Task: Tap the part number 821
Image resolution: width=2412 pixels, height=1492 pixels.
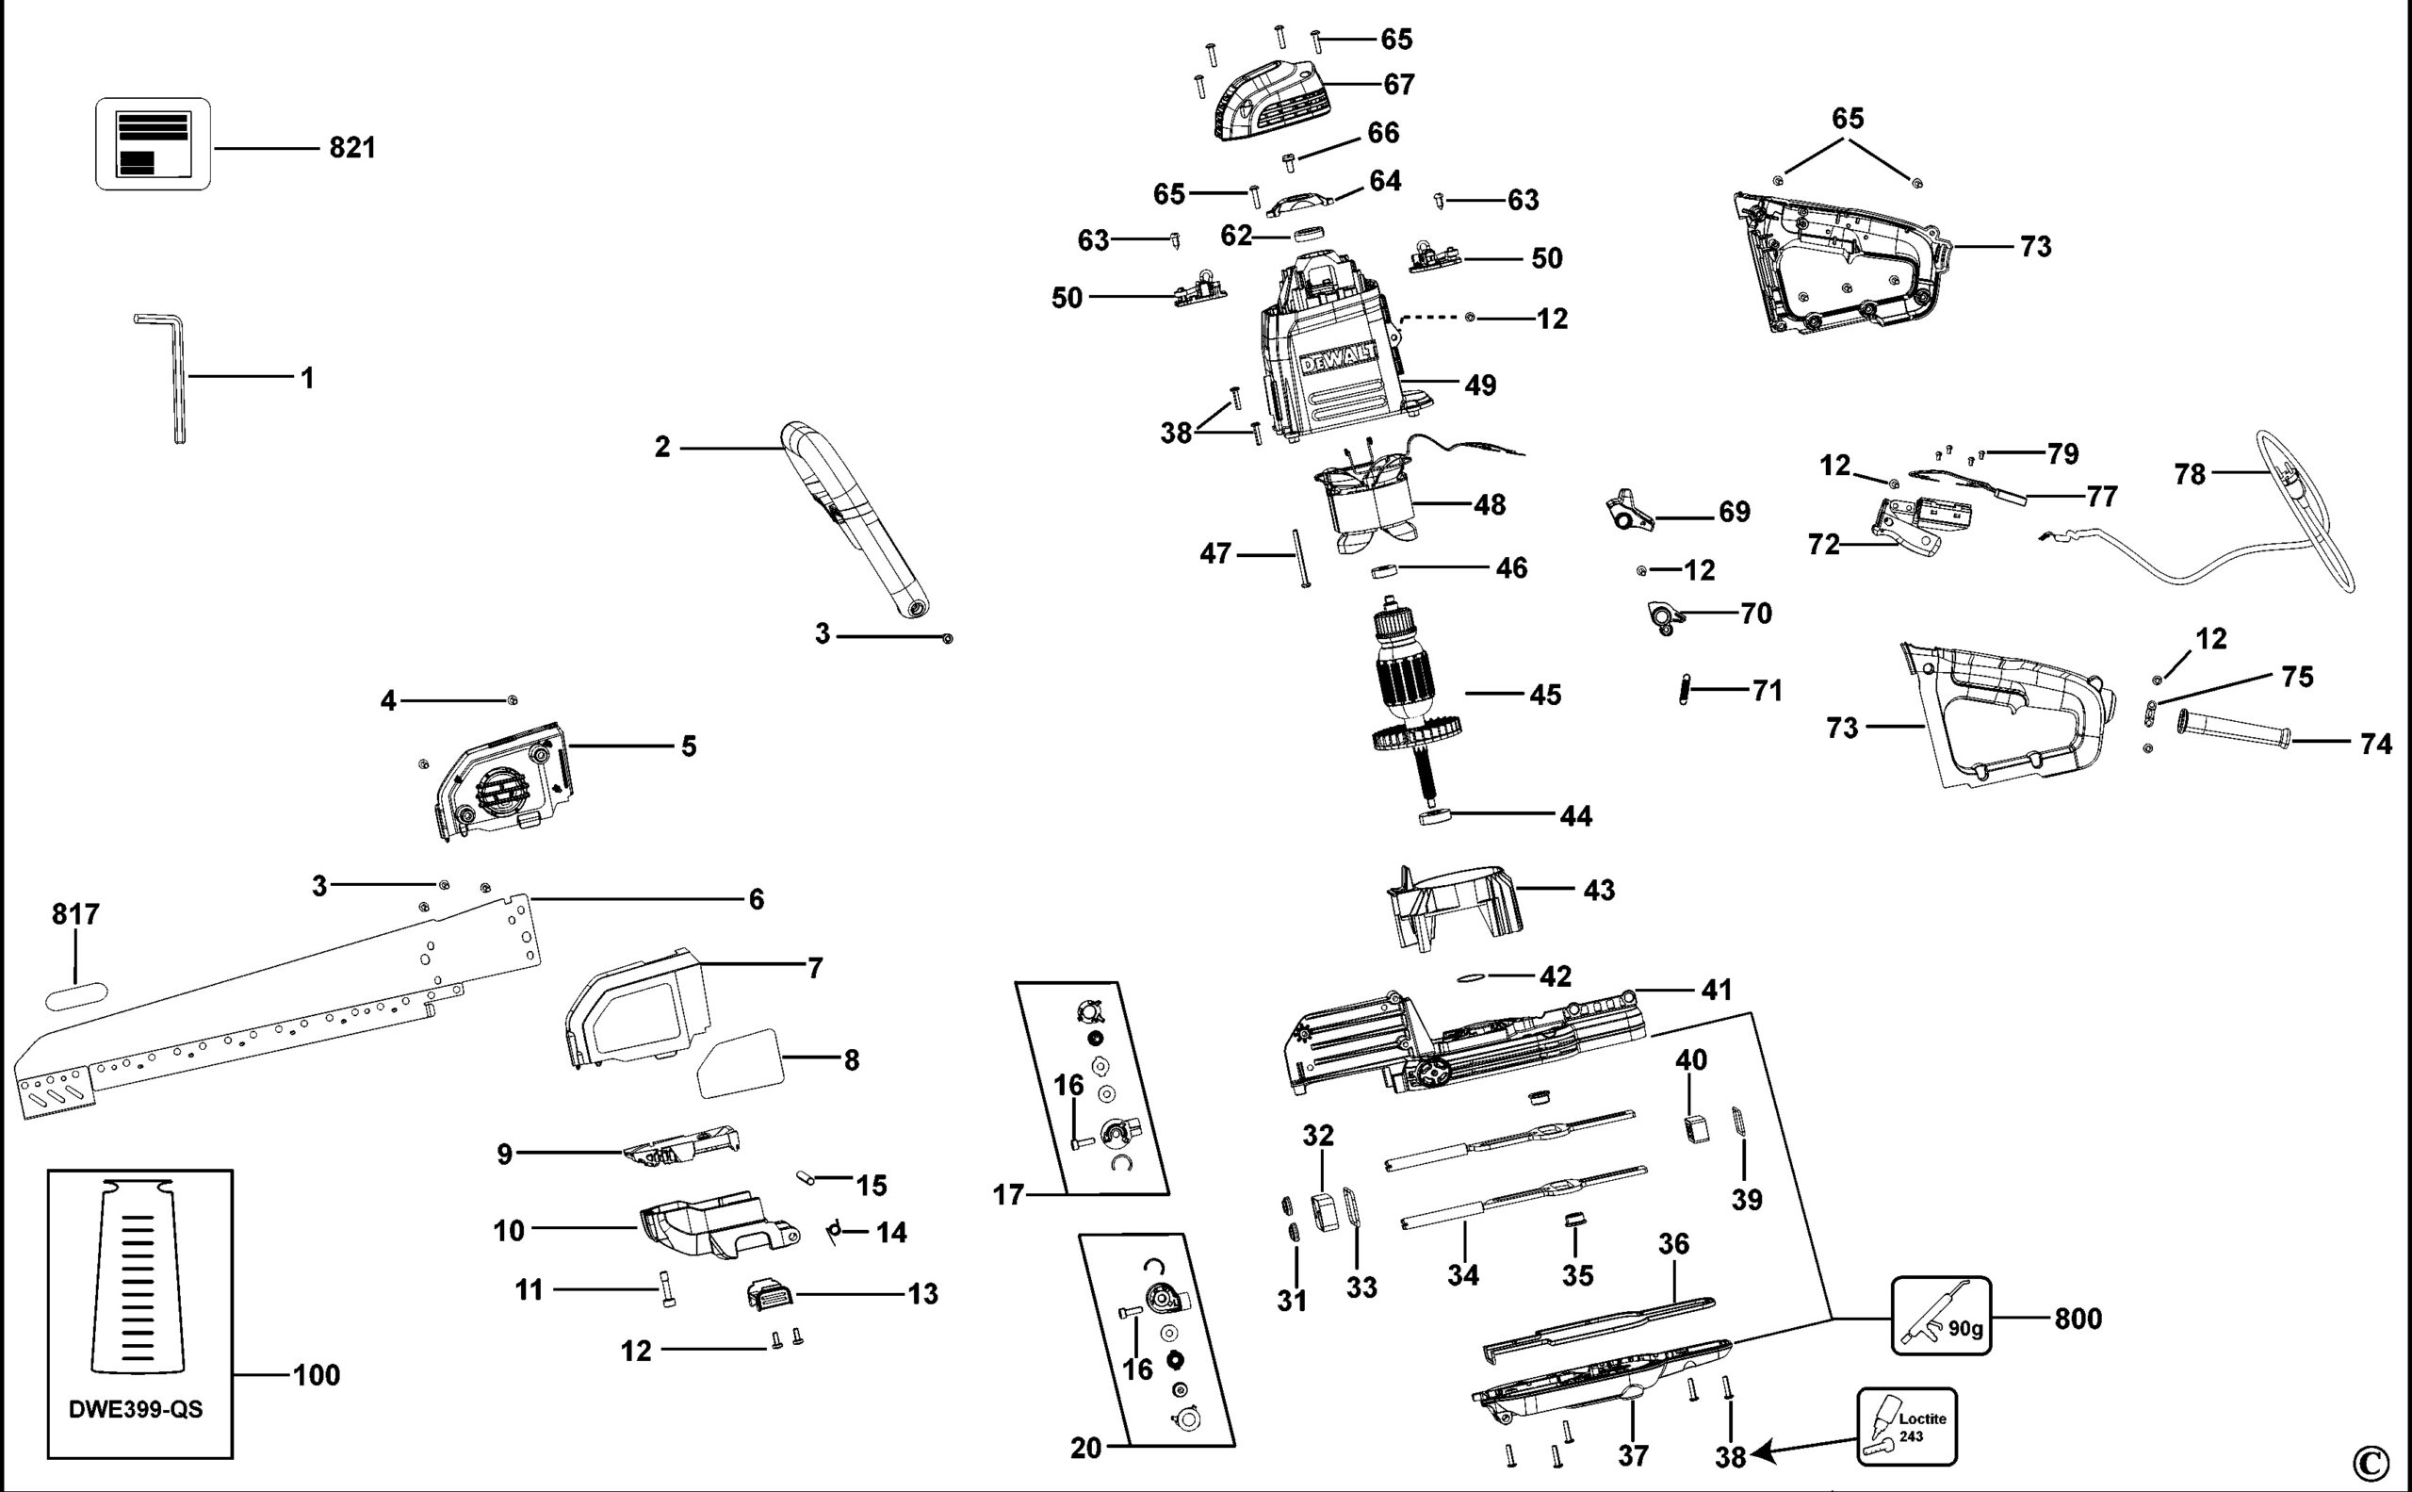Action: (352, 148)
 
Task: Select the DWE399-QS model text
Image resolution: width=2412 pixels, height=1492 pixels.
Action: (136, 1409)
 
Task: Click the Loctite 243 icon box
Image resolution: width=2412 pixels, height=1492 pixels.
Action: (1907, 1427)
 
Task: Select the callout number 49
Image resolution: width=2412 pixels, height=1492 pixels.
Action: (1480, 385)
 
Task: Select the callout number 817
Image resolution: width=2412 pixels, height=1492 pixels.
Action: (76, 915)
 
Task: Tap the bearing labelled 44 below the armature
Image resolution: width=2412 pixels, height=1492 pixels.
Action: (1435, 816)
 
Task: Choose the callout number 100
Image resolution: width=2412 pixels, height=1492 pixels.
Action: (317, 1374)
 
